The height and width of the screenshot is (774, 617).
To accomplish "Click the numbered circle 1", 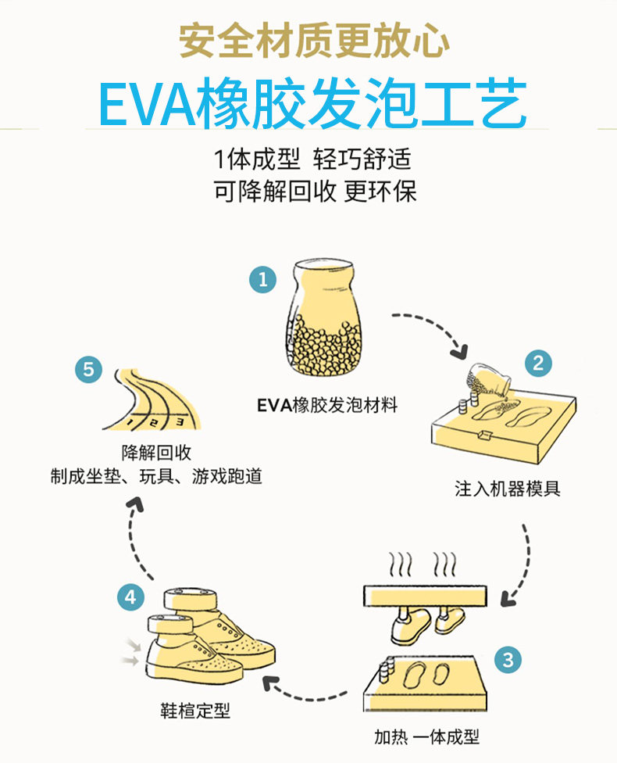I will click(x=262, y=279).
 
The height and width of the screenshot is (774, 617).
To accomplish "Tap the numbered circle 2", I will click(x=537, y=363).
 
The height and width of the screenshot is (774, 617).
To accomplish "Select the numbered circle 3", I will click(x=508, y=659).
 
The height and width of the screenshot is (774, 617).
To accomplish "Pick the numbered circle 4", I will click(x=130, y=598).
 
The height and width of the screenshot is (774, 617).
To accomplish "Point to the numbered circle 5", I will click(x=88, y=368).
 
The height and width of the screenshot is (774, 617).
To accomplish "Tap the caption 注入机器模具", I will click(x=508, y=490).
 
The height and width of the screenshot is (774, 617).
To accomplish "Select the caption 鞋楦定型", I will click(x=195, y=712).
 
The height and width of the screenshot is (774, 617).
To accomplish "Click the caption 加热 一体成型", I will click(x=426, y=736).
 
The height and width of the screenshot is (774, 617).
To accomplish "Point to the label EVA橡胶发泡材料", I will click(x=327, y=405).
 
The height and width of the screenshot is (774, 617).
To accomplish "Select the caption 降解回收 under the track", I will click(x=156, y=453).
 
